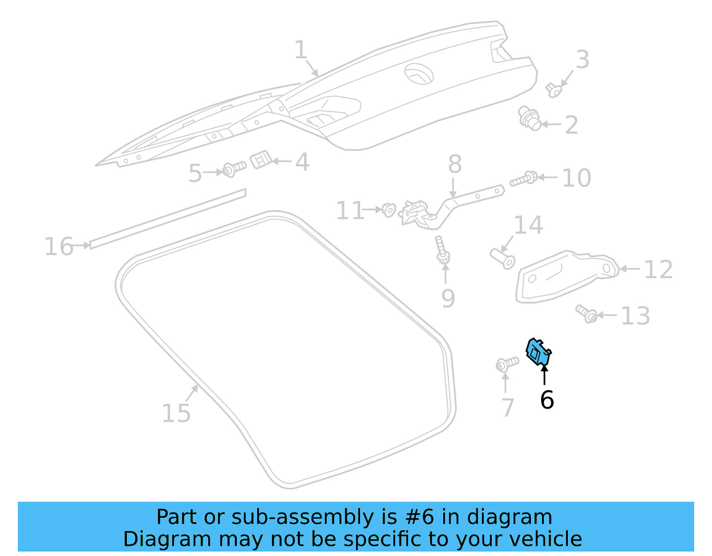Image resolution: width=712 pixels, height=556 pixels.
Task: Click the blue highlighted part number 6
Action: tap(538, 352)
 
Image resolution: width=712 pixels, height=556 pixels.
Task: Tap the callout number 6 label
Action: tap(546, 399)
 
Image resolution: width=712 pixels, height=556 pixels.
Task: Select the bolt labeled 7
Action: tap(506, 364)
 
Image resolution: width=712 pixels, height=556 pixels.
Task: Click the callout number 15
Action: tap(176, 413)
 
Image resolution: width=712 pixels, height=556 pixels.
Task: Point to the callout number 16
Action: tap(58, 247)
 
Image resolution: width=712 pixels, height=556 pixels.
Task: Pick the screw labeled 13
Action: tap(586, 313)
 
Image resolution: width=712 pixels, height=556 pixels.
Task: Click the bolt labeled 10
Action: tap(523, 179)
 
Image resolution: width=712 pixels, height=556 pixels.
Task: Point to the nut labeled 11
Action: tap(388, 209)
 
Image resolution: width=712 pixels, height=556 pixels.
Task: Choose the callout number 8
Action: tap(454, 164)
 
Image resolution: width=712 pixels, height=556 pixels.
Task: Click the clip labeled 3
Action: tap(553, 90)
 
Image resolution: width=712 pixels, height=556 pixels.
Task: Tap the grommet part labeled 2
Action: tap(530, 119)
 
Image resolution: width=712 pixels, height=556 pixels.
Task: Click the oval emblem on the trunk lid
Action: tap(419, 74)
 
